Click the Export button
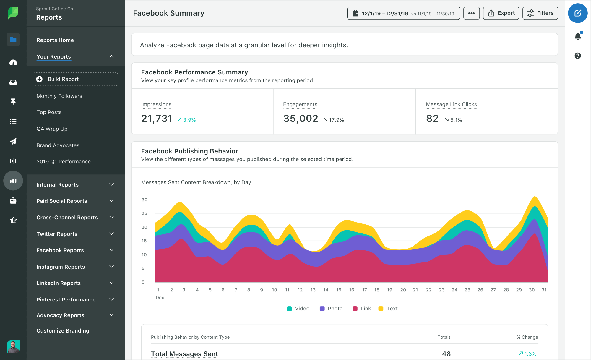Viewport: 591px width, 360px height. coord(501,13)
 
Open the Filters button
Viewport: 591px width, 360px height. coord(540,13)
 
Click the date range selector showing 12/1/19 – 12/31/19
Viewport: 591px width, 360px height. coord(403,13)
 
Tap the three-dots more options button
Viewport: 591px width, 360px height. coord(471,13)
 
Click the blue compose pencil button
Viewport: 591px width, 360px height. coord(577,13)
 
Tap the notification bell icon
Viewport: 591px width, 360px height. coord(578,36)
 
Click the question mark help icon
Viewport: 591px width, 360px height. coord(578,56)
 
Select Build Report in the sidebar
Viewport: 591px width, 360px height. coord(75,79)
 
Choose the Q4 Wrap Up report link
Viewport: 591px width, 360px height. coord(52,129)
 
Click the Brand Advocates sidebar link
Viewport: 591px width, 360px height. coord(58,145)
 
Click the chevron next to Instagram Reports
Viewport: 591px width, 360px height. coord(112,267)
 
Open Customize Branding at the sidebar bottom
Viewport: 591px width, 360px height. coord(63,331)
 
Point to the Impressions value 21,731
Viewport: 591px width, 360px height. coord(157,119)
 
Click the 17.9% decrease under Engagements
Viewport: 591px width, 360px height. coord(334,120)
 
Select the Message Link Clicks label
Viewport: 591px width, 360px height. coord(451,104)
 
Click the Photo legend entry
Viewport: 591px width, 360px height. coord(331,309)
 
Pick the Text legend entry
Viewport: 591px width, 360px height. coord(388,309)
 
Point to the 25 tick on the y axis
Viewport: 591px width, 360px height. coord(144,213)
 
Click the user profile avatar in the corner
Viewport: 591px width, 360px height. coord(13,347)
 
